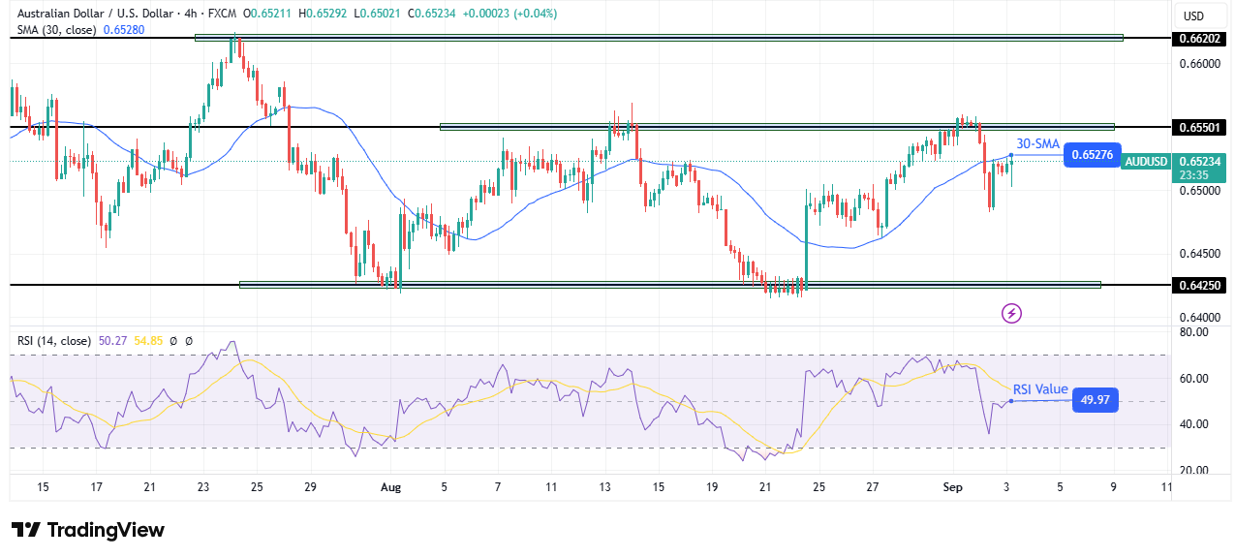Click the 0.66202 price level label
[x=1201, y=39]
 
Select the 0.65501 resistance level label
[x=1201, y=127]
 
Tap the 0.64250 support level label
[x=1201, y=286]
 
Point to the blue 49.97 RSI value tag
[x=1095, y=400]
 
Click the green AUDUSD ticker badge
[x=1145, y=162]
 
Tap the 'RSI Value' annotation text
[x=1039, y=389]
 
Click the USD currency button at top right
[x=1193, y=15]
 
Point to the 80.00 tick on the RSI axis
[x=1193, y=332]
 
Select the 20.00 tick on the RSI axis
[x=1193, y=470]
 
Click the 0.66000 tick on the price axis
[x=1198, y=64]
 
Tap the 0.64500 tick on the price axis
[x=1198, y=254]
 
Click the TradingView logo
[x=88, y=530]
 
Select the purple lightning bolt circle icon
[x=1011, y=313]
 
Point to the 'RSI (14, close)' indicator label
[x=52, y=341]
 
